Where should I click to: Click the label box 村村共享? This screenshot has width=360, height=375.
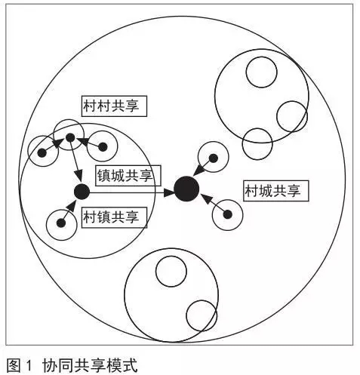tap(114, 106)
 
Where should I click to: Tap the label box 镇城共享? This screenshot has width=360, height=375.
tap(128, 175)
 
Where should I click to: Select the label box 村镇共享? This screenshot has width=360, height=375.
tap(114, 217)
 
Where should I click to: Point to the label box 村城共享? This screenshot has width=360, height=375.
tap(276, 191)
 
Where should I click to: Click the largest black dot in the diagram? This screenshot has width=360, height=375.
tap(186, 189)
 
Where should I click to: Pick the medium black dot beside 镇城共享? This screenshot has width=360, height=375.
tap(82, 192)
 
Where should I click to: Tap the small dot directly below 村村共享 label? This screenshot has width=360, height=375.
tap(70, 137)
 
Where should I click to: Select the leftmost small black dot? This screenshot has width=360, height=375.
tap(42, 152)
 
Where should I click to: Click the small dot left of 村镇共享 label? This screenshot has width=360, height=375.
tap(61, 223)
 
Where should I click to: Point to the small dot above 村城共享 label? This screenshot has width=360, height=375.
tap(214, 158)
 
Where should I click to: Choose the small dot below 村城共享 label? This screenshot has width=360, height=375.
tap(228, 214)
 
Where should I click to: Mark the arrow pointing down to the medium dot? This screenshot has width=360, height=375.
tap(75, 161)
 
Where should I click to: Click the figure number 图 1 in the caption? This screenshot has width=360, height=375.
tap(19, 365)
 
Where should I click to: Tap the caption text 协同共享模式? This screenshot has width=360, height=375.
tap(90, 365)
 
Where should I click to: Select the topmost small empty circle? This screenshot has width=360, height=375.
tap(262, 72)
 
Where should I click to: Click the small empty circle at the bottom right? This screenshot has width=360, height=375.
tap(202, 315)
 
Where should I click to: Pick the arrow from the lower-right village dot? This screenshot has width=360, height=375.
tap(214, 204)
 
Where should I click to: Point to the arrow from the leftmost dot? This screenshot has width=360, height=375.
tap(53, 145)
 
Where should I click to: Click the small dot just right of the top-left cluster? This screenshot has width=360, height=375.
tap(103, 147)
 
